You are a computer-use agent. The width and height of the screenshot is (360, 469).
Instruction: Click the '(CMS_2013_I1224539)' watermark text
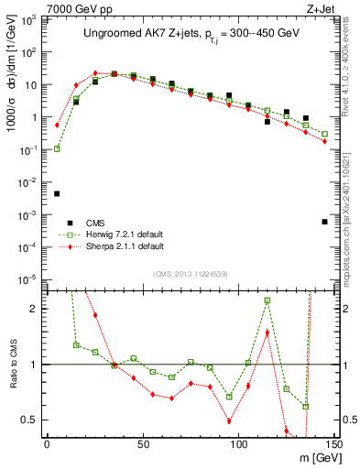click(x=191, y=274)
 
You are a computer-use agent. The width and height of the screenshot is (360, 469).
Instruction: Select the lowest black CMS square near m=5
click(x=57, y=193)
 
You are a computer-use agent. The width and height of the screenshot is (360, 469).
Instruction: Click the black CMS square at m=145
click(x=325, y=222)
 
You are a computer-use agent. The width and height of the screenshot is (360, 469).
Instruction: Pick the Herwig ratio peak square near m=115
click(x=267, y=300)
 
